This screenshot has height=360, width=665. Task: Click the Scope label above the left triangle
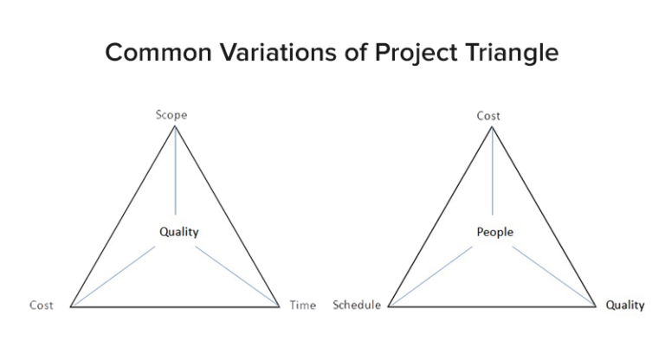pos(171,115)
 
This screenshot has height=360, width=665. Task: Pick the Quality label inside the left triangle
pos(178,231)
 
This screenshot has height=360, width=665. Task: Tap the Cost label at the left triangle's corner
pos(42,305)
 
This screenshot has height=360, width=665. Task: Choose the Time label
pos(303,305)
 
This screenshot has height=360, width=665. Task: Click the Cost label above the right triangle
pos(488,116)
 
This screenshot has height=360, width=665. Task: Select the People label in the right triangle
pos(494,232)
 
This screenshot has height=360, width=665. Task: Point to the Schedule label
pos(357,305)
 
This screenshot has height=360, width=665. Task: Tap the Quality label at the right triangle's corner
pos(625,305)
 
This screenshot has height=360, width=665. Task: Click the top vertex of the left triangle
pos(176,126)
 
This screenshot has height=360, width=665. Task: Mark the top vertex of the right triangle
pos(493,126)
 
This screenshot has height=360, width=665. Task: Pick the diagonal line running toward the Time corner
pos(237,276)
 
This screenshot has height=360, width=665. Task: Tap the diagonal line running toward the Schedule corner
pos(430,276)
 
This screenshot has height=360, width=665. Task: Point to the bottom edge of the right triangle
pos(493,307)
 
